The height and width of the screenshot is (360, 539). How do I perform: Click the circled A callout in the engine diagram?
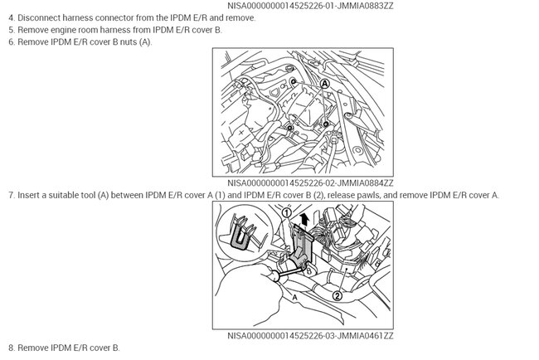point(324,84)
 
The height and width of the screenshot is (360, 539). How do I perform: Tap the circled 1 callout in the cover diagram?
point(287,213)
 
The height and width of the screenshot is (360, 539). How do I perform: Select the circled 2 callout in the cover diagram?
point(337,295)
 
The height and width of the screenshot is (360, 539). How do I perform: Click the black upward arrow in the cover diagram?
point(303,219)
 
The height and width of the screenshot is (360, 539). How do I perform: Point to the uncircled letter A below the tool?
point(294,297)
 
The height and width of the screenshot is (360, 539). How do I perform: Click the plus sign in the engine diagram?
point(241,132)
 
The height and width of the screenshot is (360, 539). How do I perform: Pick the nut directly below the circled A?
point(326,124)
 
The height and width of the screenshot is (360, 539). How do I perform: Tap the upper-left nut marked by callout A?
point(294,81)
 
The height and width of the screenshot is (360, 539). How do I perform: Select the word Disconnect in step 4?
point(39,18)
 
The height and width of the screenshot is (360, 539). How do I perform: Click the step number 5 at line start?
point(12,30)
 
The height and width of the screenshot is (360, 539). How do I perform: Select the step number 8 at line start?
point(12,348)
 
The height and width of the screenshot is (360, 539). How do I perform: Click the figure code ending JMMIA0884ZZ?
point(310,183)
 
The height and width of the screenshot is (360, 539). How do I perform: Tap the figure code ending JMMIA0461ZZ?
point(310,336)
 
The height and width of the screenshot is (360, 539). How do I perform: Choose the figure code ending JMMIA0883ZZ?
point(310,6)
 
